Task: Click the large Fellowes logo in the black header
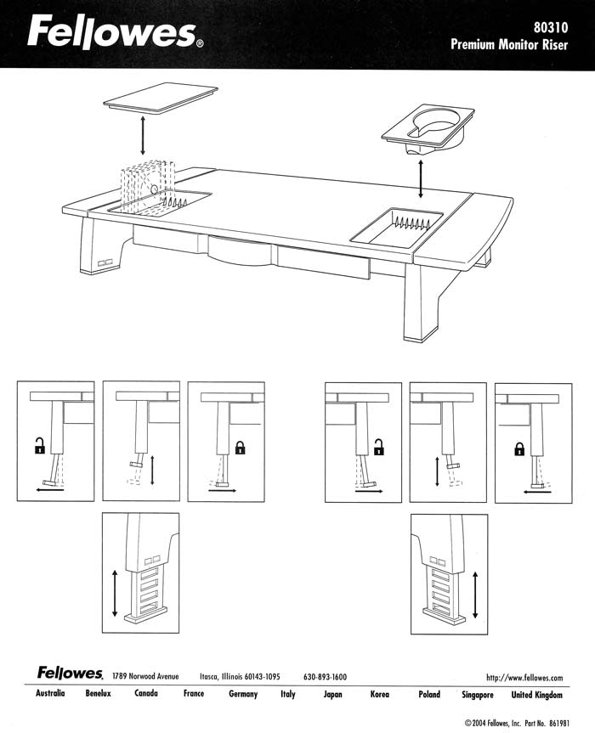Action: click(x=115, y=32)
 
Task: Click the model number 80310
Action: click(x=551, y=27)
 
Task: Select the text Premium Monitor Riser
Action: click(x=509, y=44)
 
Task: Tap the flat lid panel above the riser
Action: click(x=161, y=98)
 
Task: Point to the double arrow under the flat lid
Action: click(x=143, y=136)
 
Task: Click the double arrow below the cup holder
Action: click(x=421, y=178)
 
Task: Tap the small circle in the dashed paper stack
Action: click(x=154, y=189)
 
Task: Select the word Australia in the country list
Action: click(x=50, y=693)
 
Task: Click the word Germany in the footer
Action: click(x=243, y=694)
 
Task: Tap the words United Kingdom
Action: click(x=536, y=695)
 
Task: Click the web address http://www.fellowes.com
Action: click(x=524, y=678)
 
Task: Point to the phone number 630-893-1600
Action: click(x=325, y=676)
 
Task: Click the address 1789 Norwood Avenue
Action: click(x=145, y=676)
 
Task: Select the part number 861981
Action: click(x=559, y=723)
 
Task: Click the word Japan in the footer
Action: click(x=332, y=694)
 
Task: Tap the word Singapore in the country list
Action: click(x=478, y=695)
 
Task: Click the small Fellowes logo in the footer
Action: click(x=71, y=673)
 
